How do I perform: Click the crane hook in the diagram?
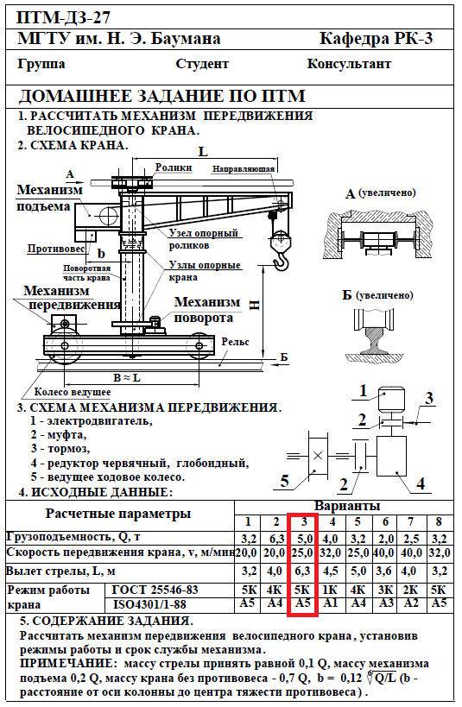[x=282, y=262]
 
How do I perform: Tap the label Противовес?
[x=56, y=249]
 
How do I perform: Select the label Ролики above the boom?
[x=174, y=167]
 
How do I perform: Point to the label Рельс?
[x=235, y=342]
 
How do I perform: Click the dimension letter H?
[x=254, y=305]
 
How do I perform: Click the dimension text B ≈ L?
[x=126, y=377]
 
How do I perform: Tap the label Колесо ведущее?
[x=73, y=392]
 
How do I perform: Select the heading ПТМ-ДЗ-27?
[x=63, y=17]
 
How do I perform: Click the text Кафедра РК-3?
[x=377, y=39]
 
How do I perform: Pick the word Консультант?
[x=349, y=64]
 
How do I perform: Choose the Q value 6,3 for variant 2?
[x=276, y=539]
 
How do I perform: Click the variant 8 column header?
[x=439, y=521]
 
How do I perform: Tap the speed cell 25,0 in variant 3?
[x=302, y=552]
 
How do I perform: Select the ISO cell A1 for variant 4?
[x=331, y=603]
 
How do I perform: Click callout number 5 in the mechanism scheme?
[x=284, y=481]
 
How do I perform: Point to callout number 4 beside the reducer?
[x=421, y=483]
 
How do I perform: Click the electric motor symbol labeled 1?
[x=390, y=399]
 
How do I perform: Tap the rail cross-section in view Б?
[x=373, y=338]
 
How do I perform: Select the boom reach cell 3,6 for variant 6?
[x=383, y=571]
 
